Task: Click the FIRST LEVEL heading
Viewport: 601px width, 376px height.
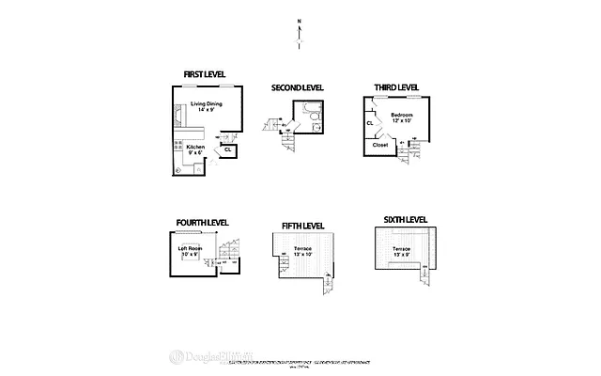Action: coord(205,74)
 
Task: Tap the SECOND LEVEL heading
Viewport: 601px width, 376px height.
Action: coord(297,87)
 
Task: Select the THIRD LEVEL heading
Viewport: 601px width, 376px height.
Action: coord(396,87)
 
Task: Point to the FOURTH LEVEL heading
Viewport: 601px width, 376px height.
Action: coord(201,223)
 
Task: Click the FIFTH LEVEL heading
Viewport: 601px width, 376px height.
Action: coord(302,227)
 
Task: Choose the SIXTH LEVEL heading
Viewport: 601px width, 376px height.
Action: coord(405,219)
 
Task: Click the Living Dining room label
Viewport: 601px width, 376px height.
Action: coord(208,106)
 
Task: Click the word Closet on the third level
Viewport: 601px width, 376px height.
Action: coord(380,146)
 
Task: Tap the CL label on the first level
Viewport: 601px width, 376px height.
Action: coord(228,149)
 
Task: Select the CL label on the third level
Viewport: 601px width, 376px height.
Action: coord(370,122)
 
